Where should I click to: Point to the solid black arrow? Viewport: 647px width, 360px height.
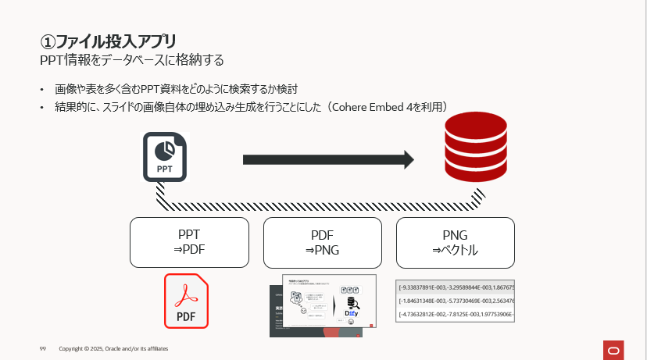[327, 160]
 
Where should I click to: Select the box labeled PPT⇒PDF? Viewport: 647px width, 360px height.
[189, 242]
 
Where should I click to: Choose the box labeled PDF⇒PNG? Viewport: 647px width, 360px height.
[322, 242]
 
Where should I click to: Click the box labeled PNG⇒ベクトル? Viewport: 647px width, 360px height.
[456, 242]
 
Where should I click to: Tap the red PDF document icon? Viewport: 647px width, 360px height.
[186, 301]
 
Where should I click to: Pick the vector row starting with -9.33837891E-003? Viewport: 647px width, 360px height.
[456, 286]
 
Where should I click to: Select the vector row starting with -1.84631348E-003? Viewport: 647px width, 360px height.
[456, 300]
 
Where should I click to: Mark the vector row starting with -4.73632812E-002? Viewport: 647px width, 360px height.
[456, 314]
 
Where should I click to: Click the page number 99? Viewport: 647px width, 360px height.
[44, 348]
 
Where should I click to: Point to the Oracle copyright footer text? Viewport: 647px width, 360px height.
[113, 348]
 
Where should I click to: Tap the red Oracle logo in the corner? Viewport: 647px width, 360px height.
[612, 348]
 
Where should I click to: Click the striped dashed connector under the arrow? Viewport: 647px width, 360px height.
[320, 207]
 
